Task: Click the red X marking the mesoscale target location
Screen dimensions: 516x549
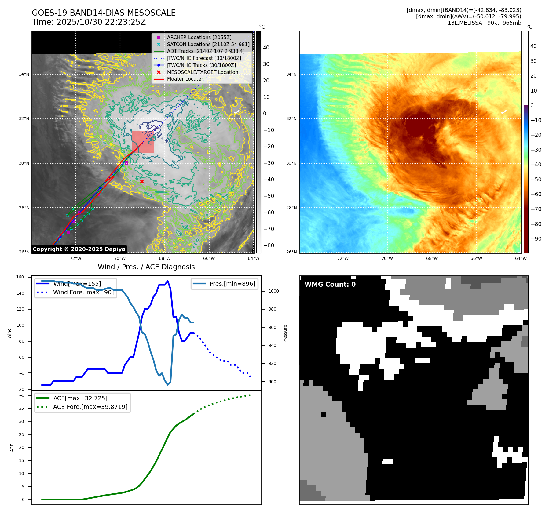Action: click(x=142, y=181)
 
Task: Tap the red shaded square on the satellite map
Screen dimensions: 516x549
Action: click(x=143, y=142)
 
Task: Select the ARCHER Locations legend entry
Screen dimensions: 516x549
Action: click(x=199, y=37)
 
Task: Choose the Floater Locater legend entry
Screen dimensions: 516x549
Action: click(x=185, y=79)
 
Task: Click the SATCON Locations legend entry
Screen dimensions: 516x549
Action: click(x=208, y=44)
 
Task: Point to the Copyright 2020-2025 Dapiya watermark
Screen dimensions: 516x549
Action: click(x=79, y=249)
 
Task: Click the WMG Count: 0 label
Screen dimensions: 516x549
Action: click(x=330, y=285)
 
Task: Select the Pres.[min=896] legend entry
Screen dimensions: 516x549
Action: click(x=232, y=284)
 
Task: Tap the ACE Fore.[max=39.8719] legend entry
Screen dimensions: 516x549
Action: click(x=90, y=407)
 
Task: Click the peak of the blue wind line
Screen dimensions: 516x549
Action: click(x=167, y=281)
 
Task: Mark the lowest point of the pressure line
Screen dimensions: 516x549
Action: click(x=167, y=385)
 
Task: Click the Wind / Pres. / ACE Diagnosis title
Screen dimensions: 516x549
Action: click(x=146, y=267)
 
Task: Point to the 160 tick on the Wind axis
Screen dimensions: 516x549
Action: click(x=20, y=277)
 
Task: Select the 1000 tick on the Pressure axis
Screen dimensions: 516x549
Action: click(x=273, y=291)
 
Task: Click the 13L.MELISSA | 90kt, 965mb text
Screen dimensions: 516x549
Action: click(x=484, y=23)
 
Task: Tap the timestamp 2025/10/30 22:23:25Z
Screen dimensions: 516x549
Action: click(x=101, y=22)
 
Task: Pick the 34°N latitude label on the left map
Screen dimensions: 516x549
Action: click(x=24, y=74)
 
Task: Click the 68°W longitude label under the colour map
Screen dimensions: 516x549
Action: click(x=432, y=258)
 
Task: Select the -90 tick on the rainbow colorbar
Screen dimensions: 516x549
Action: click(x=536, y=239)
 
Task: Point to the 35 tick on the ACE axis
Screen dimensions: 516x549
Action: click(x=21, y=408)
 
